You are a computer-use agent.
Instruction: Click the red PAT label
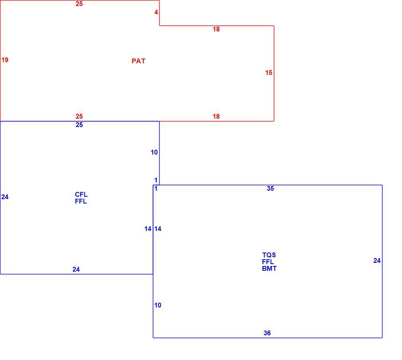[x=139, y=61]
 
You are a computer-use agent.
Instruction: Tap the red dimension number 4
[x=156, y=12]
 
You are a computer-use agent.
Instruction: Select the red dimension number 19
[x=5, y=60]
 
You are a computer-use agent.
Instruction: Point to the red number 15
[x=269, y=72]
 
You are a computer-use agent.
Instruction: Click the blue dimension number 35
[x=270, y=189]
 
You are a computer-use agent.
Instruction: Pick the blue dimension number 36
[x=267, y=333]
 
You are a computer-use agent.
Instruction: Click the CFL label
[x=81, y=194]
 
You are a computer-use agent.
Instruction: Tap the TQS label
[x=269, y=255]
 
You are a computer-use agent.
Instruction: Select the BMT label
[x=269, y=269]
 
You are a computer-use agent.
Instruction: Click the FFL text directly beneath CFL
[x=81, y=202]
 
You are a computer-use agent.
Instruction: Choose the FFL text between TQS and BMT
[x=268, y=262]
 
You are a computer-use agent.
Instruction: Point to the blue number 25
[x=79, y=125]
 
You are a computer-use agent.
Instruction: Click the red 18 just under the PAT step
[x=216, y=29]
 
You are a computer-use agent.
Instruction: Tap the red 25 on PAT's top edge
[x=79, y=4]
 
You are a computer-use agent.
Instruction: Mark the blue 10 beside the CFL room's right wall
[x=154, y=153]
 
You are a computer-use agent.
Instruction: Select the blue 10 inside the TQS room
[x=158, y=305]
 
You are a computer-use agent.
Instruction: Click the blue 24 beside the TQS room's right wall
[x=377, y=261]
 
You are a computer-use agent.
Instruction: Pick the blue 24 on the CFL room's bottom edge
[x=76, y=270]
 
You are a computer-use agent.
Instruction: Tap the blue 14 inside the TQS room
[x=158, y=229]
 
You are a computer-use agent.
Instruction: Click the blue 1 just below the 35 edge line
[x=156, y=189]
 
